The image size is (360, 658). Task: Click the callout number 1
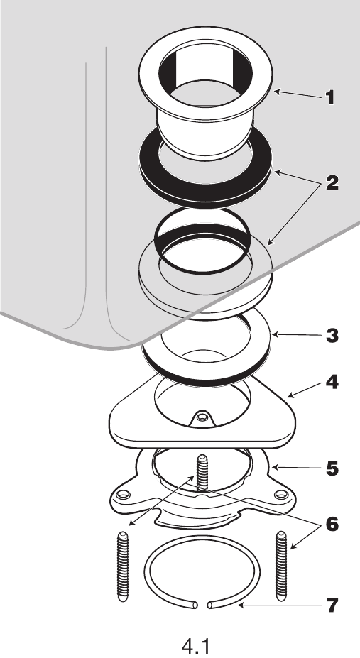point(329,97)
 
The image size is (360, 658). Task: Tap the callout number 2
point(332,183)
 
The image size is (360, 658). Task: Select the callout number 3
point(332,336)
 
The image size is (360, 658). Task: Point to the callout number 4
point(332,383)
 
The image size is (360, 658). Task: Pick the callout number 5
point(332,469)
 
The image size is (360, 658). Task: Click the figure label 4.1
point(195,644)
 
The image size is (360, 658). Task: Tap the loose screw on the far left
point(120,566)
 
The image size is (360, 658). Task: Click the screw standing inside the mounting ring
point(202,473)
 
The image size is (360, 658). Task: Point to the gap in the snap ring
point(202,605)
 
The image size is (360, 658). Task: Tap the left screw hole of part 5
point(124,494)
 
